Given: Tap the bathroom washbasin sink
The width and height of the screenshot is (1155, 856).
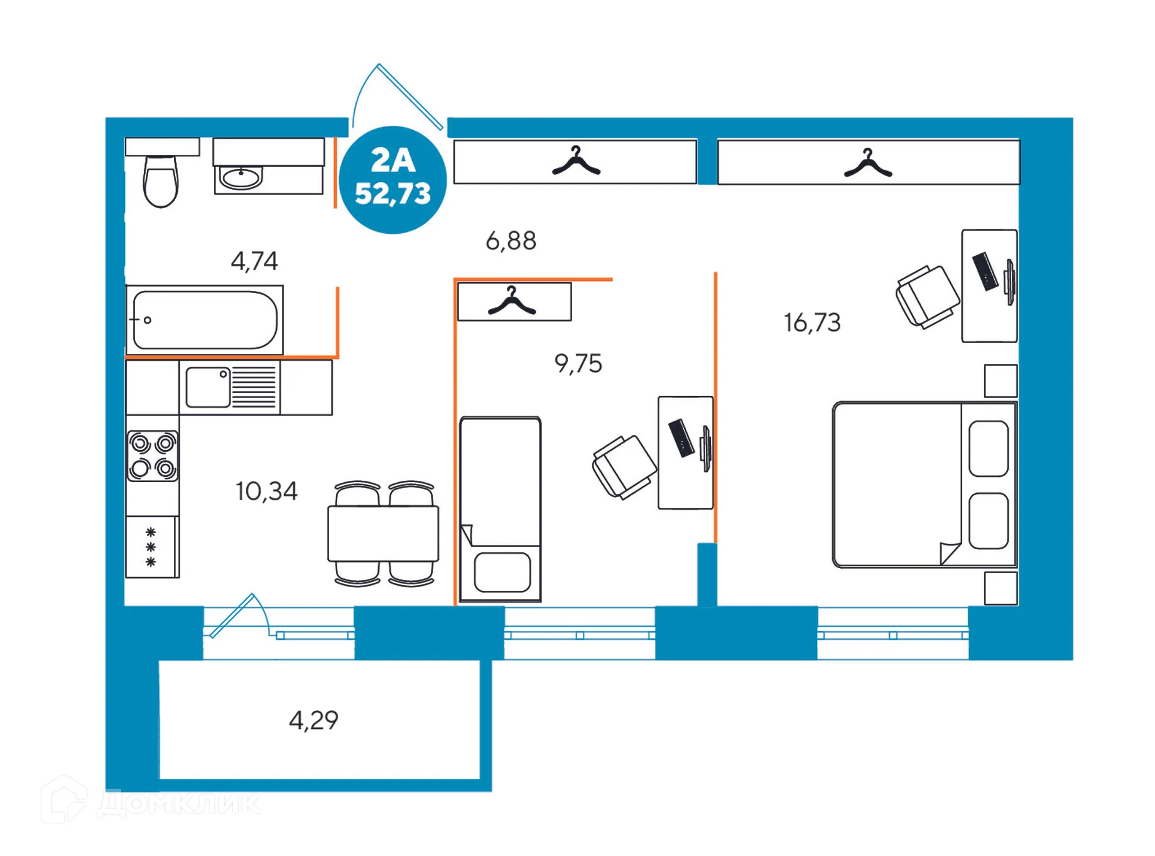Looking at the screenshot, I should [x=241, y=178].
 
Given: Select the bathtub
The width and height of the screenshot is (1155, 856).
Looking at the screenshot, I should [x=205, y=320].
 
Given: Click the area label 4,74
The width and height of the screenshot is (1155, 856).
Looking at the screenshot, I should [x=254, y=261].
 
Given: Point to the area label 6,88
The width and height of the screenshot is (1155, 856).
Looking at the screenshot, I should [x=511, y=241].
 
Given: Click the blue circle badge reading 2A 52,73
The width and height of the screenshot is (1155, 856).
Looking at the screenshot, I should [x=393, y=180].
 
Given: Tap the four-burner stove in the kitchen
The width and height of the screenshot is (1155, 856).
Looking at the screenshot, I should [x=153, y=456].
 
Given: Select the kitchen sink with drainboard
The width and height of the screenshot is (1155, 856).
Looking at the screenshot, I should [x=230, y=387].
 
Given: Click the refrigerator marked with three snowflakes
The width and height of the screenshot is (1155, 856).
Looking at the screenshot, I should [x=151, y=547].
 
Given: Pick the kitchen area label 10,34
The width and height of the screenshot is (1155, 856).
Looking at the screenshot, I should [x=266, y=491].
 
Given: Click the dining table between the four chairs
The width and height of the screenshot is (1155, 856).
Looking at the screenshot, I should [x=383, y=534].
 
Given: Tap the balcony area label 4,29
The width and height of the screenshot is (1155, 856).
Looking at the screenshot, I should [x=313, y=720].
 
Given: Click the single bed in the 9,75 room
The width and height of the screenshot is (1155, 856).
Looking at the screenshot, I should [x=500, y=509].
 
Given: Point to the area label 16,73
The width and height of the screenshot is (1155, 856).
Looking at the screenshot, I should [x=811, y=323].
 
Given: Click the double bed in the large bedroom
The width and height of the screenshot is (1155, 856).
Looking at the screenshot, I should [x=923, y=485].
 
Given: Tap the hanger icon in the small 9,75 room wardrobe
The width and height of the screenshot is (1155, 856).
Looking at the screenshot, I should [x=512, y=302].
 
